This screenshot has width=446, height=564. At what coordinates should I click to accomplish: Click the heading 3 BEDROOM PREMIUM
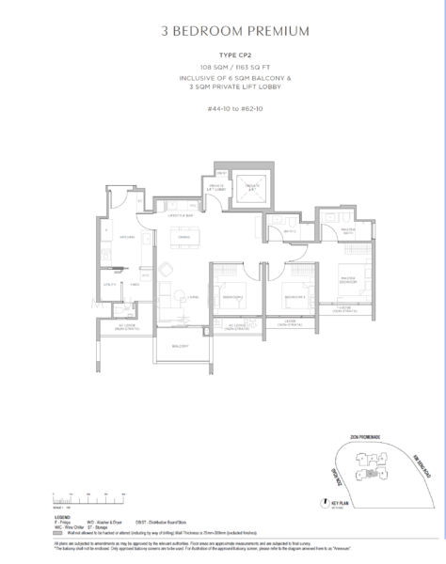(222, 32)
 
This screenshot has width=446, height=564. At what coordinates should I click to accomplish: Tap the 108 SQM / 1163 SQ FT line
(222, 69)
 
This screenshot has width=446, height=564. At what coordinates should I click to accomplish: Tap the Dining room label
(184, 237)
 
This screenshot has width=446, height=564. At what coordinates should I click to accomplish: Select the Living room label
(191, 295)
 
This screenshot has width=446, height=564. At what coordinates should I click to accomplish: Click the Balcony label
(180, 347)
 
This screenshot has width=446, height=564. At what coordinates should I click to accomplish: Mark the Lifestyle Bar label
(181, 216)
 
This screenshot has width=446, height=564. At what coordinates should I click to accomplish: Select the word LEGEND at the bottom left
(62, 516)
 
